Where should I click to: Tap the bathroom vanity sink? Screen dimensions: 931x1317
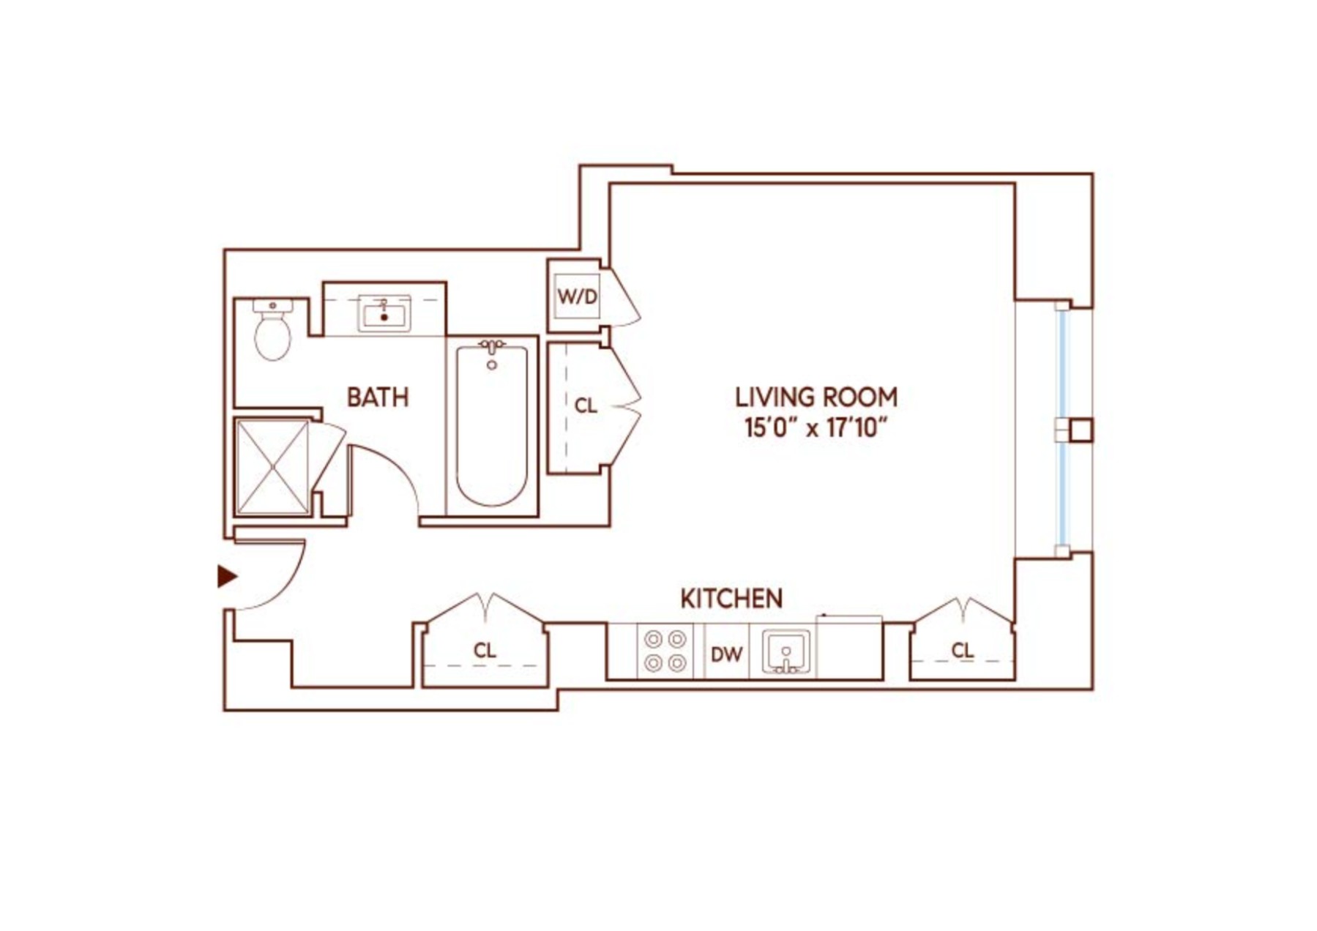click(384, 315)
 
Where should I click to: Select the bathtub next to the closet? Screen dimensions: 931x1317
click(491, 426)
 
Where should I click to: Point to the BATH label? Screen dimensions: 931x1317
click(377, 397)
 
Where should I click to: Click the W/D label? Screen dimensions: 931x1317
click(577, 296)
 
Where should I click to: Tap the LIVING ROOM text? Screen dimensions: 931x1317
click(816, 397)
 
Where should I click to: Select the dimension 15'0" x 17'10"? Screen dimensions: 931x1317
click(816, 427)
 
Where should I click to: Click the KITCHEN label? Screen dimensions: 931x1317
click(731, 599)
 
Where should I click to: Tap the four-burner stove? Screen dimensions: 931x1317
click(665, 651)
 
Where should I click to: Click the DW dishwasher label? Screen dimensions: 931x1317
click(726, 654)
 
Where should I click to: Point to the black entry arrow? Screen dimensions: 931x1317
click(227, 577)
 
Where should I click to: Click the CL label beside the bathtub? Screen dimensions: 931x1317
click(585, 405)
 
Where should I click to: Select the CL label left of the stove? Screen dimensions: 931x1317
click(484, 650)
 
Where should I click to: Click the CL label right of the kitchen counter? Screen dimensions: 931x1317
click(962, 650)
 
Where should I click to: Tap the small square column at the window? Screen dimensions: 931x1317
click(1081, 430)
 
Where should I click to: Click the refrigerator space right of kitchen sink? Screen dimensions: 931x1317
click(849, 648)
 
